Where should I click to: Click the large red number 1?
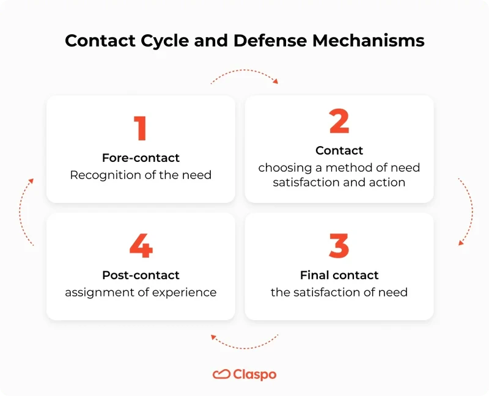pos(141,127)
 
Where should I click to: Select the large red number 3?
pos(339,246)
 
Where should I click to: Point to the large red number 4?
pos(141,246)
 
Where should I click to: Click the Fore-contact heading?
pos(141,158)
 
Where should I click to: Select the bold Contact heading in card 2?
pos(339,150)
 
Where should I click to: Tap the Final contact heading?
pos(339,275)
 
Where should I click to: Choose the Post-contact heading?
pos(141,275)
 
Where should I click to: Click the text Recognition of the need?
pos(141,175)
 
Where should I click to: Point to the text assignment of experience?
pos(141,292)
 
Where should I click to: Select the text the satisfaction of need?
pos(339,292)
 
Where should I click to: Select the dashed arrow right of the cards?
pos(468,211)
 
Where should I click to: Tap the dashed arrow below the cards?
pos(244,344)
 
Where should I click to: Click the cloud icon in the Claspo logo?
pos(221,374)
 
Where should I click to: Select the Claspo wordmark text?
pos(255,374)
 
